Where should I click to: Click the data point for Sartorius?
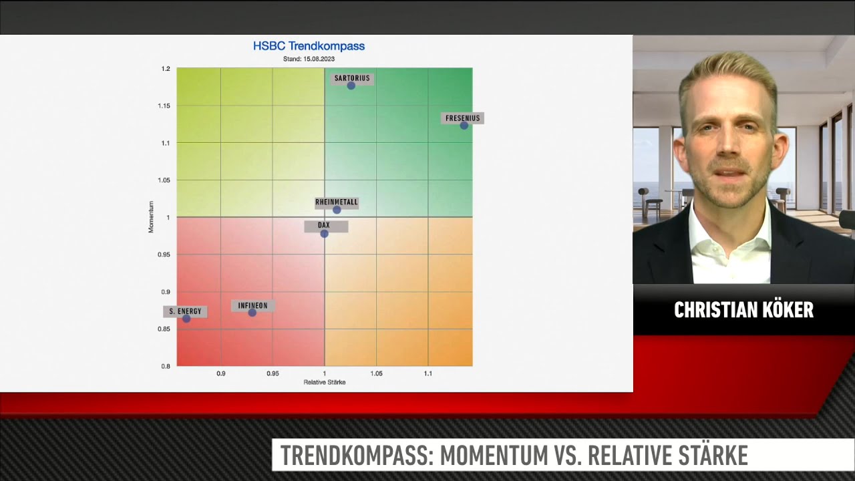[x=351, y=86]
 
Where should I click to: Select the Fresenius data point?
[x=464, y=125]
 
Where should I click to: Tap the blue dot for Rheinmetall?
[x=337, y=210]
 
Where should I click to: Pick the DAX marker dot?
[x=324, y=234]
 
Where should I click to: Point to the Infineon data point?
[x=252, y=313]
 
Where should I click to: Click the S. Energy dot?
[x=186, y=319]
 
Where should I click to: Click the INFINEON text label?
[x=252, y=306]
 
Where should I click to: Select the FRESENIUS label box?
[x=463, y=118]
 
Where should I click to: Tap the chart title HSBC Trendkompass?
[x=309, y=46]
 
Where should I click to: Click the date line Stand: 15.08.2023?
[x=309, y=59]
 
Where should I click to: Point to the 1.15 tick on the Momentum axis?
[x=164, y=106]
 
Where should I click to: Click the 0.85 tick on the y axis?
[x=164, y=329]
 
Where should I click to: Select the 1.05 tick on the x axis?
[x=376, y=373]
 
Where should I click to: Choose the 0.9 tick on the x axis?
[x=221, y=373]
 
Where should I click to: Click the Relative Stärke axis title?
[x=325, y=382]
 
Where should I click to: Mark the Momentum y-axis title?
[x=151, y=217]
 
